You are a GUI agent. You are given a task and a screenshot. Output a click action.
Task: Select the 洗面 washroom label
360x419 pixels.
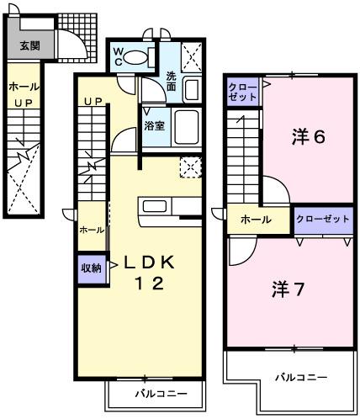[171, 81]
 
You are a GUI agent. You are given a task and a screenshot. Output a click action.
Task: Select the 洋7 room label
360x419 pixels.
[288, 289]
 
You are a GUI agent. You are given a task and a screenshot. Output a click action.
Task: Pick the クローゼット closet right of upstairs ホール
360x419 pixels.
[323, 219]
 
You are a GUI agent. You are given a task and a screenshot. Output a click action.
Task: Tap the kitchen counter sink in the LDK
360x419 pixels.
[157, 205]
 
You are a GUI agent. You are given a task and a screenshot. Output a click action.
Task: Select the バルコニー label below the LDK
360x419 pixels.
[155, 394]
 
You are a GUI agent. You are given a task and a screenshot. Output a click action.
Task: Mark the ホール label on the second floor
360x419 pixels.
[256, 220]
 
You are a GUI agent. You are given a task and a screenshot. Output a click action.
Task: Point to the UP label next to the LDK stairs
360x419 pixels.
[92, 103]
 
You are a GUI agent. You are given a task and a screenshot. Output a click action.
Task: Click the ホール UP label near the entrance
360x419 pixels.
[22, 93]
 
